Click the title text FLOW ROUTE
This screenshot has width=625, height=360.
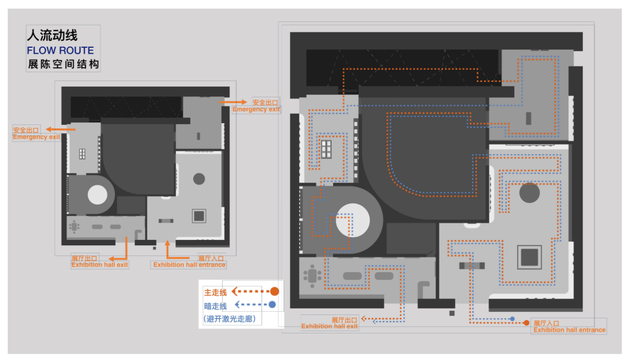click(x=60, y=51)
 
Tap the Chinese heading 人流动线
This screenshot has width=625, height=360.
click(x=52, y=35)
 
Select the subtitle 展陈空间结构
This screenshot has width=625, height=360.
click(x=63, y=64)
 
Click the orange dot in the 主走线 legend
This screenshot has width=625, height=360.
click(x=274, y=291)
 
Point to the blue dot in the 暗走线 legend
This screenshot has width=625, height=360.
click(x=272, y=304)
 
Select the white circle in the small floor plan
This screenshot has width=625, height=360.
click(x=97, y=195)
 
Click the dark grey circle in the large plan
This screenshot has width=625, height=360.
click(x=529, y=193)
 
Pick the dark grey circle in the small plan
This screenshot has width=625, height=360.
click(x=199, y=179)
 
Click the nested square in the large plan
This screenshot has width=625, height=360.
click(x=529, y=257)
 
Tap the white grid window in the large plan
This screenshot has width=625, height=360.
click(x=327, y=149)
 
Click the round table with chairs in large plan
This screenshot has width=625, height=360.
click(x=312, y=275)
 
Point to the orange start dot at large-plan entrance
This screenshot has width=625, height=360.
click(x=526, y=323)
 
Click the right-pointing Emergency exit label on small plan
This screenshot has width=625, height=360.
click(x=256, y=109)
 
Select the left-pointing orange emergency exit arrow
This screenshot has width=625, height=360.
click(x=61, y=129)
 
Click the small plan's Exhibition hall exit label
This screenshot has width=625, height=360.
click(x=100, y=264)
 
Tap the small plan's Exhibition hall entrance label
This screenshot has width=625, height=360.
click(x=189, y=264)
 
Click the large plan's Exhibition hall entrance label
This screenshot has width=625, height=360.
click(x=569, y=330)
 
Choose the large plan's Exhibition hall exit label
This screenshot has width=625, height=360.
click(x=330, y=326)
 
